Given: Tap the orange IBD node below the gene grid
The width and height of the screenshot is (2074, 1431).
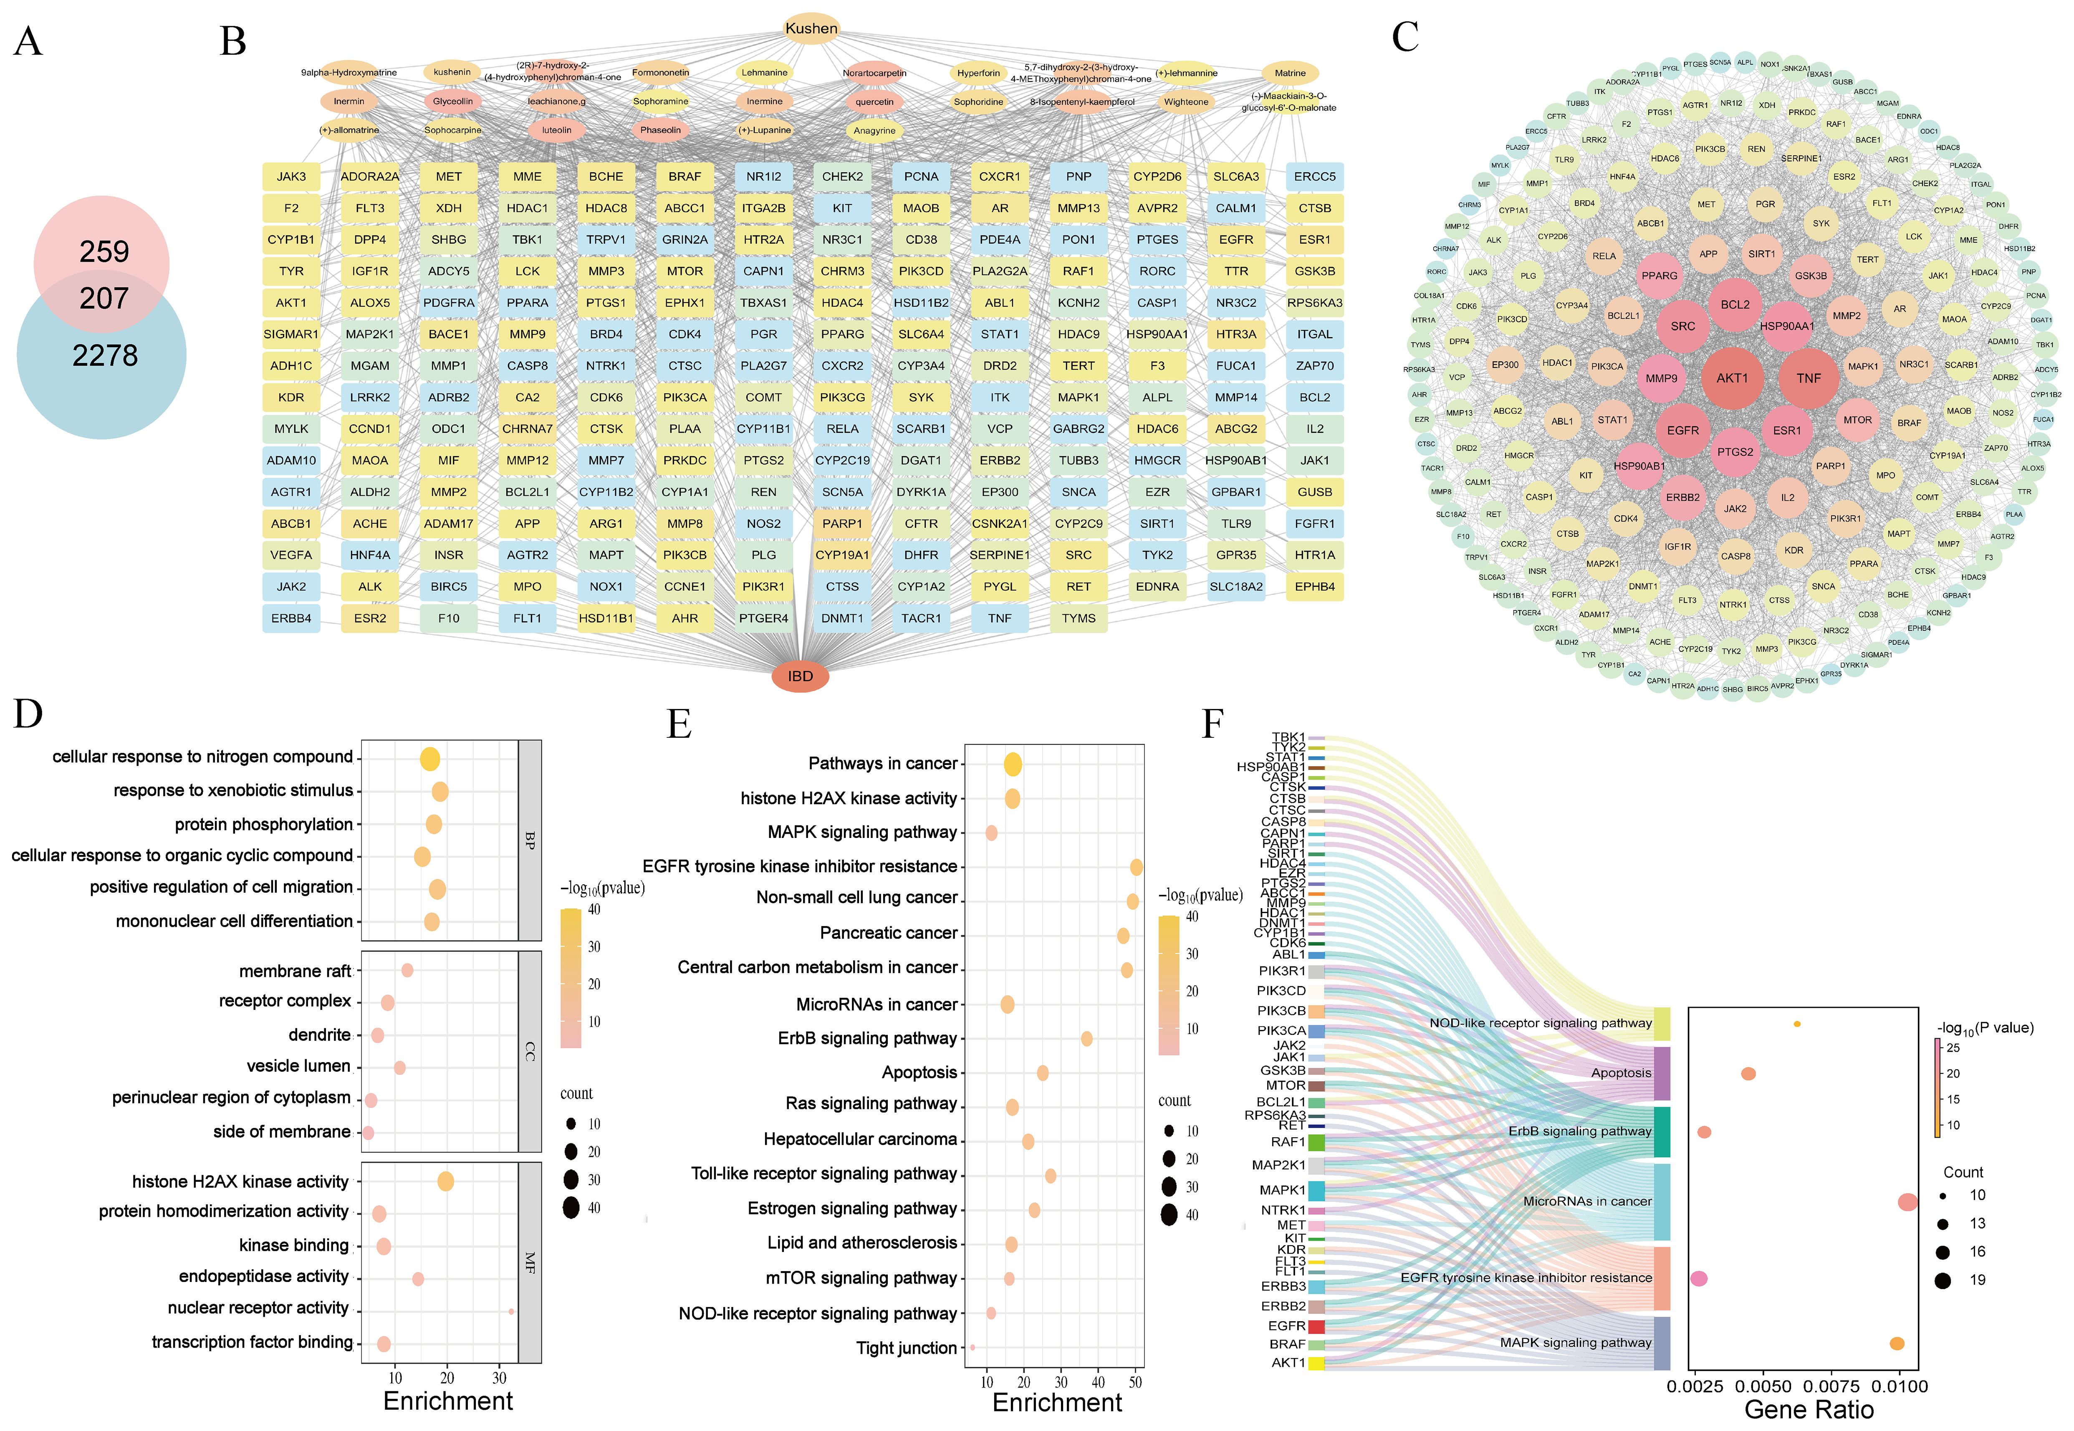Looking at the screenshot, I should [x=800, y=676].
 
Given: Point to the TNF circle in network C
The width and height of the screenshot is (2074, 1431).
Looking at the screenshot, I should [x=1809, y=379].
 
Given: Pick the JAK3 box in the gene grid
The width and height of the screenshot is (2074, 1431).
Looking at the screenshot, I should [x=291, y=177].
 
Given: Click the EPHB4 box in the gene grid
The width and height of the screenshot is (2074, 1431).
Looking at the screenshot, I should [x=1314, y=586].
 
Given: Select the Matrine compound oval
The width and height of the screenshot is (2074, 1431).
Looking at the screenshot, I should [x=1289, y=73].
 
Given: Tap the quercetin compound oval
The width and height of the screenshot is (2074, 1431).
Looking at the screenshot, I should [x=874, y=101].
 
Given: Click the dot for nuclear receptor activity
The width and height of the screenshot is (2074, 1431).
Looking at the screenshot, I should [x=511, y=1311].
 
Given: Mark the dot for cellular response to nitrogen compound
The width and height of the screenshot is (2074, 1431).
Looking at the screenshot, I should [x=430, y=759].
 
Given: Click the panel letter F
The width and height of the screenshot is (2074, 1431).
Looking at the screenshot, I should [x=1212, y=723].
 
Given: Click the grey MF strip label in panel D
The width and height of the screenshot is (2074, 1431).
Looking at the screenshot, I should [x=530, y=1262].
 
